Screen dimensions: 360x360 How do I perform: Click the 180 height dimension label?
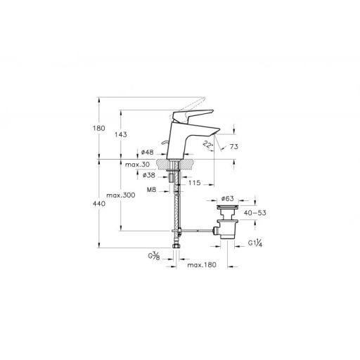click(99, 128)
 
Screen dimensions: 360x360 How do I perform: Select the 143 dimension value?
click(121, 134)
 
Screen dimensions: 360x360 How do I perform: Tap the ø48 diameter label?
click(147, 153)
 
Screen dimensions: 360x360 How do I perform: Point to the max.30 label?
click(137, 165)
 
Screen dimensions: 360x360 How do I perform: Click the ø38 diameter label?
click(149, 175)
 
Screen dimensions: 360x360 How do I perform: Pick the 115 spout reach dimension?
click(195, 183)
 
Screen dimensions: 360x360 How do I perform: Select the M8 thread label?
click(151, 190)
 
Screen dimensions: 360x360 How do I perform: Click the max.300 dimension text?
click(121, 195)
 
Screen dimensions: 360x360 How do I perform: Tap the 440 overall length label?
click(99, 204)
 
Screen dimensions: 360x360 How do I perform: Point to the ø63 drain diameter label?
click(228, 199)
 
